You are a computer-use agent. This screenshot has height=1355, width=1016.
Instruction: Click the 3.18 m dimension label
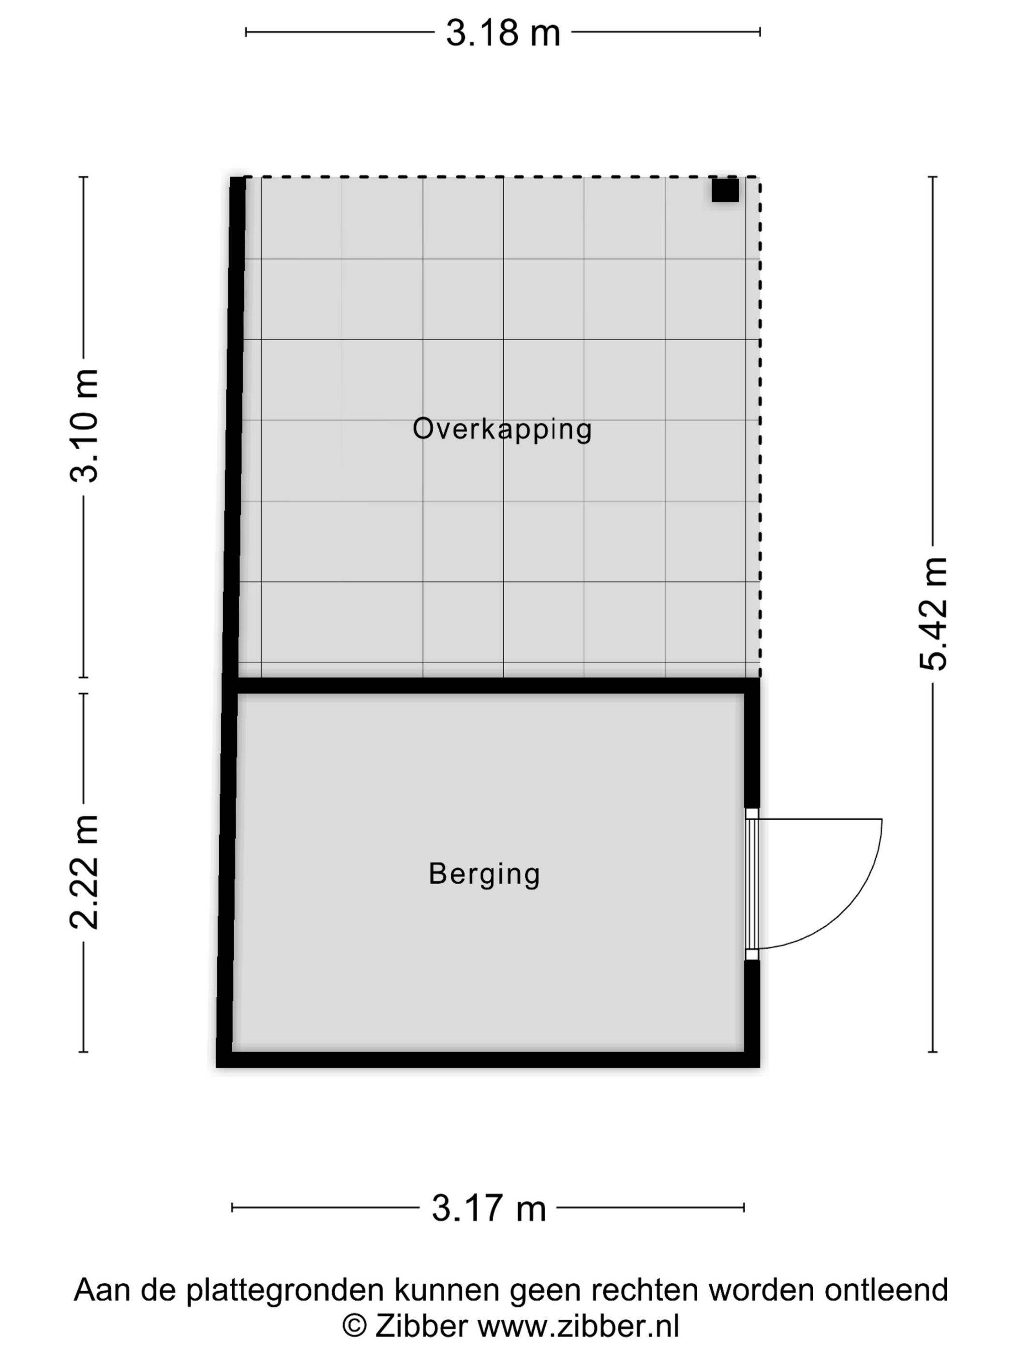[502, 33]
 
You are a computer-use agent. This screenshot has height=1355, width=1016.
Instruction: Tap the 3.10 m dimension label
[84, 426]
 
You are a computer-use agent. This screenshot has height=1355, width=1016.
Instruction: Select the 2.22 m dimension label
[84, 873]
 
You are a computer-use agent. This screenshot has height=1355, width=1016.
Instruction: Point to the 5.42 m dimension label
[933, 614]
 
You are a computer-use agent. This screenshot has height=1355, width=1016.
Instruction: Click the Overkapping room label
[502, 429]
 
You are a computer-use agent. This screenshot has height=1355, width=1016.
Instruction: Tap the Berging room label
[484, 873]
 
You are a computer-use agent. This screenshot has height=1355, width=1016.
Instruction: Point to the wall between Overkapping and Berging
[490, 685]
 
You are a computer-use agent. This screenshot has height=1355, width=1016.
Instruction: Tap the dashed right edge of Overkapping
[760, 429]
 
